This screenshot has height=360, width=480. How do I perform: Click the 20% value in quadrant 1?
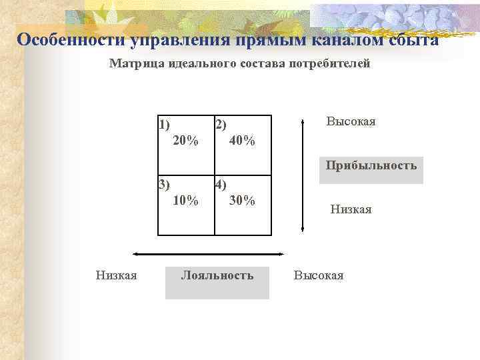(185, 140)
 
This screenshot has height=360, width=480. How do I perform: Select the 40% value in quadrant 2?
(241, 140)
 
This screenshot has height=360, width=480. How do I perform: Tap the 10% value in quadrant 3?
(185, 201)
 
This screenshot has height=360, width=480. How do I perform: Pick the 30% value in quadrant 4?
(241, 201)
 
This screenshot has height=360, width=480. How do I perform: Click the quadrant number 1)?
(164, 123)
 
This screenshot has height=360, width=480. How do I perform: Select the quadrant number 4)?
(220, 185)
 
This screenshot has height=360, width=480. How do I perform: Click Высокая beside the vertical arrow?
(351, 121)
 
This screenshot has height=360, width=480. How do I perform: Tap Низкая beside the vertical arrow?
(351, 209)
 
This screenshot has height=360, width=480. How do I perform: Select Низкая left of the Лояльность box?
(116, 275)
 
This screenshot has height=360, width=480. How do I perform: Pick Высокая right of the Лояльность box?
(319, 275)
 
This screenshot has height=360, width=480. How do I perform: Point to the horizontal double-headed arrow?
(209, 254)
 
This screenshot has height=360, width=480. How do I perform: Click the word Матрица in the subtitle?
(133, 64)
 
